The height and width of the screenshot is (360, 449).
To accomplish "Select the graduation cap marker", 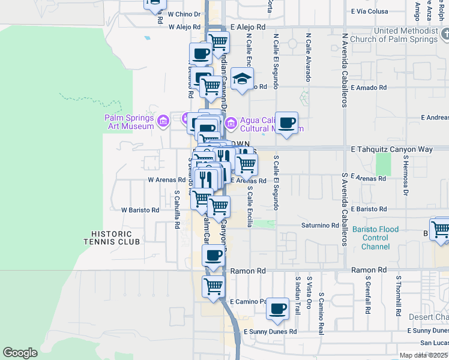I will point(242,79).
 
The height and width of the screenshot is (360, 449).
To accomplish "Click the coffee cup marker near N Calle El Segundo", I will point(286,123).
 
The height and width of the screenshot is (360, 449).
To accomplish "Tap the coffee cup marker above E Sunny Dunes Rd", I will point(277,309).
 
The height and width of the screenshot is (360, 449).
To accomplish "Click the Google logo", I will point(20,353).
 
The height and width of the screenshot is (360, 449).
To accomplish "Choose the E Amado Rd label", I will point(369,88).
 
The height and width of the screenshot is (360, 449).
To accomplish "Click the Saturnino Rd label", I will point(320,226).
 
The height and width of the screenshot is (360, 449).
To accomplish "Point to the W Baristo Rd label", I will point(140,210).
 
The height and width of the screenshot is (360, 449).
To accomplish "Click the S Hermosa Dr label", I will point(406,175).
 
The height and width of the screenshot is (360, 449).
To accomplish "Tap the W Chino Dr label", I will point(184,13).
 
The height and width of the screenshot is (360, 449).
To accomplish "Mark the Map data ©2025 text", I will point(423,355).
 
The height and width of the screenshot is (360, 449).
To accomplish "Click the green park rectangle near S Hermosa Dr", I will point(383,164).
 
